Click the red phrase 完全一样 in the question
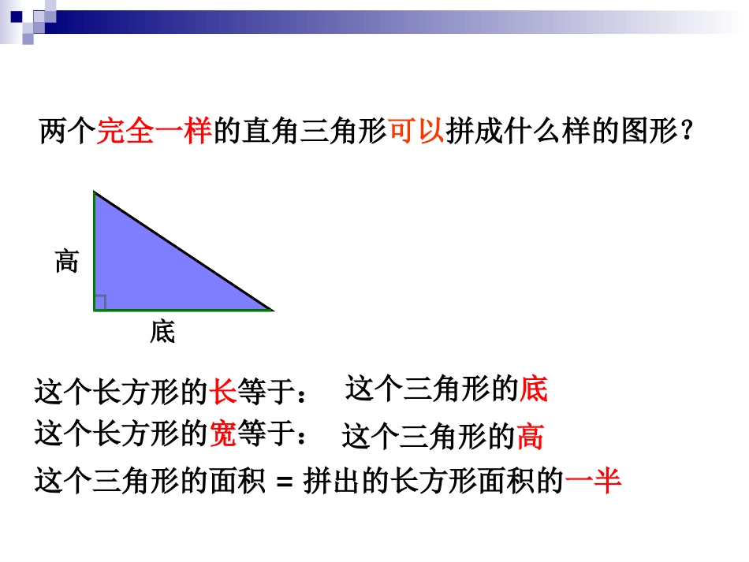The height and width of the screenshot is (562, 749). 155,131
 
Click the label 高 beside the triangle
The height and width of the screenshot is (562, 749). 67,260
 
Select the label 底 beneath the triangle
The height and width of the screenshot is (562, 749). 162,333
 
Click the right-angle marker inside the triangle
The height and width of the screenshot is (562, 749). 100,302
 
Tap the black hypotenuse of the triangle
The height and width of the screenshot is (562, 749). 184,251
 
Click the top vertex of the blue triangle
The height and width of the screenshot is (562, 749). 95,192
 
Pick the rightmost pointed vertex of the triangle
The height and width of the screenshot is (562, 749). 270,310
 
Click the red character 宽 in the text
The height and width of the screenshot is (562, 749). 223,433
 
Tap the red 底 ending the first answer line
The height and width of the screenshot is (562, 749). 533,389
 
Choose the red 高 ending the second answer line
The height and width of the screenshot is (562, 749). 529,436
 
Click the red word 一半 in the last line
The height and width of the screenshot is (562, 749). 593,480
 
